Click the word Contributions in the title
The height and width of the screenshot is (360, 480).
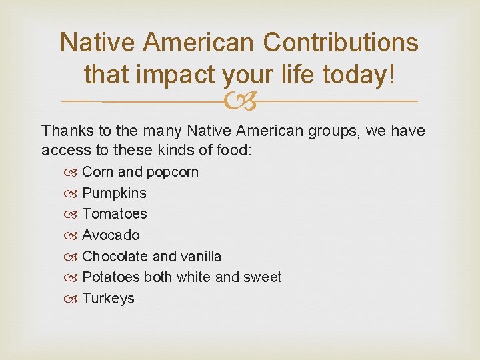pyautogui.click(x=341, y=43)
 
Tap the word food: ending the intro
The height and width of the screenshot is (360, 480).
pyautogui.click(x=233, y=150)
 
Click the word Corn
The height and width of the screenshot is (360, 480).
pyautogui.click(x=98, y=172)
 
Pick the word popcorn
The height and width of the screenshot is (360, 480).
pyautogui.click(x=173, y=172)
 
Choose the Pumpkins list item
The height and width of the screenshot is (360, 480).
pyautogui.click(x=114, y=193)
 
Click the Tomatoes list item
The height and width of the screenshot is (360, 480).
pyautogui.click(x=114, y=214)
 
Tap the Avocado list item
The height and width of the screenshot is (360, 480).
pyautogui.click(x=111, y=235)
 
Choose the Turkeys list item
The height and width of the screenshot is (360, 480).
pyautogui.click(x=108, y=299)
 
